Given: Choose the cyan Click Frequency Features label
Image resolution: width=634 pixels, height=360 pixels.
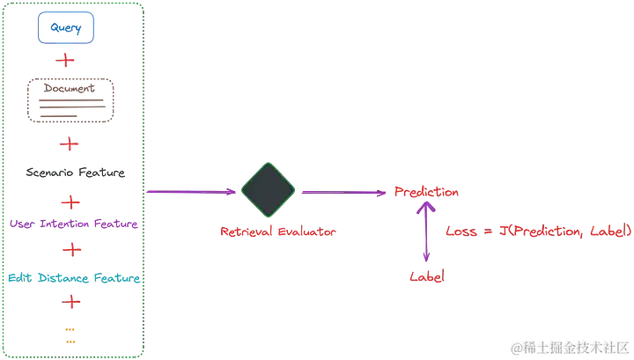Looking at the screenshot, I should (72, 278).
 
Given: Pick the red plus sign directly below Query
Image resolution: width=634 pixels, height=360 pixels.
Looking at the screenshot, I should (65, 61).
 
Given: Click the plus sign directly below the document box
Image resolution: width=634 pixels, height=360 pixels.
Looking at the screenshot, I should (68, 143).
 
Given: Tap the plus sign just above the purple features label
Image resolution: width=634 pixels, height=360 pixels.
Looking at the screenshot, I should (70, 202).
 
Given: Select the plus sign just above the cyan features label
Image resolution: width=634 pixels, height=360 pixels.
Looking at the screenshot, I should (71, 252).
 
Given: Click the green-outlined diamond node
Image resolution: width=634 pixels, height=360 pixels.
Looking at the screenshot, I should (268, 190).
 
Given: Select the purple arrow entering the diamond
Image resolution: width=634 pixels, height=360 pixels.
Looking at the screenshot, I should (194, 191).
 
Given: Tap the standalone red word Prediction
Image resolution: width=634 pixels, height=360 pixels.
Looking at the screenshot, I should (426, 191).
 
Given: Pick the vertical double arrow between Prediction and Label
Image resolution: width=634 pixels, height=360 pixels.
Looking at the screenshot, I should (426, 233).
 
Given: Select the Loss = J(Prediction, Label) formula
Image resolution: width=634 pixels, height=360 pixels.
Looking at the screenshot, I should (538, 231).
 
